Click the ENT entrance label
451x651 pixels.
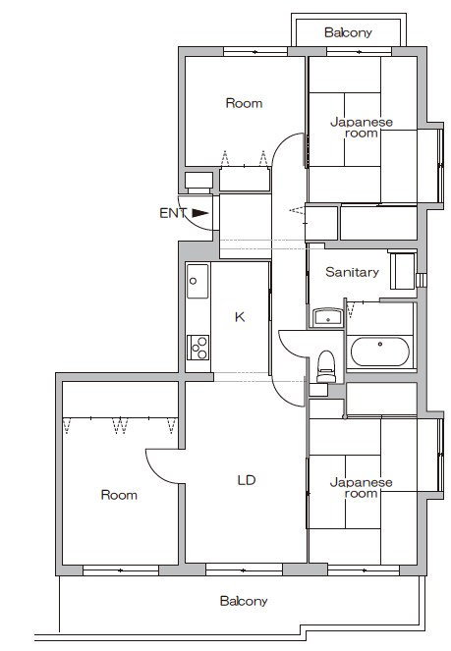[173, 213]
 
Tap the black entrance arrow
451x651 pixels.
[200, 213]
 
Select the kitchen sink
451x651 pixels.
[197, 281]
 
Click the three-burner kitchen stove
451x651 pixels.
[197, 348]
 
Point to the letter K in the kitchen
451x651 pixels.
[240, 317]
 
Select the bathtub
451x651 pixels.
[379, 352]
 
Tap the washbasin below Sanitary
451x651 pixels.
[327, 318]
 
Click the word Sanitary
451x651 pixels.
[352, 272]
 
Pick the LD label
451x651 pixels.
[247, 480]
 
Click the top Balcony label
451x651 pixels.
[348, 32]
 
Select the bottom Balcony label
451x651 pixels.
[244, 601]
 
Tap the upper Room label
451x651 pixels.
[244, 103]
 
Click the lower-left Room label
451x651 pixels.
[119, 495]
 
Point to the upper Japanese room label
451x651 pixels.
[361, 128]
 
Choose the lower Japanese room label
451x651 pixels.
[361, 488]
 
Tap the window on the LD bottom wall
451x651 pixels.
[245, 570]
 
